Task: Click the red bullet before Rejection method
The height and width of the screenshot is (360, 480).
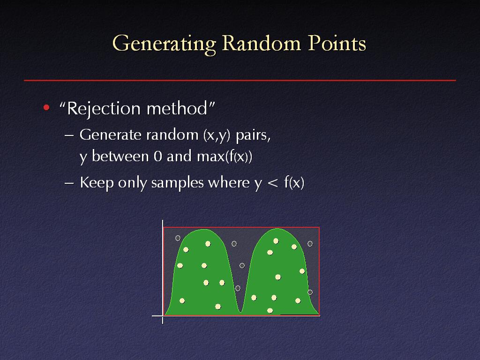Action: pos(46,107)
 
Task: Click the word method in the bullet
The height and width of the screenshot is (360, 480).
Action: pos(177,108)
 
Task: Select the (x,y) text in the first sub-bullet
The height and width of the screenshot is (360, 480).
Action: pos(217,135)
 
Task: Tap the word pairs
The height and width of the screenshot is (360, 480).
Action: pos(253,135)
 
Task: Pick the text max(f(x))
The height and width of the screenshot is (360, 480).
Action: pos(225,157)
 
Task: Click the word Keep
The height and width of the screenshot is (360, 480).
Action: pos(97,183)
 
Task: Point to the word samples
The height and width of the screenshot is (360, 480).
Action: pos(177,183)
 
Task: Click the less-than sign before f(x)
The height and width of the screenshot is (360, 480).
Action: pos(272,183)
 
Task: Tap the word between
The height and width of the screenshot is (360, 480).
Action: pos(120,156)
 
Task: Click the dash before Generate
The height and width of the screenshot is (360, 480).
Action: pos(69,135)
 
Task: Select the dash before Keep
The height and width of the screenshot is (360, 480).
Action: pos(69,183)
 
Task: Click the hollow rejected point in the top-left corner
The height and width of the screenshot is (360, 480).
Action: pos(178,238)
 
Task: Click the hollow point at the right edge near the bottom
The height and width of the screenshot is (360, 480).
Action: pos(310,292)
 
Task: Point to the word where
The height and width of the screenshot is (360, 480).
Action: pos(229,183)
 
